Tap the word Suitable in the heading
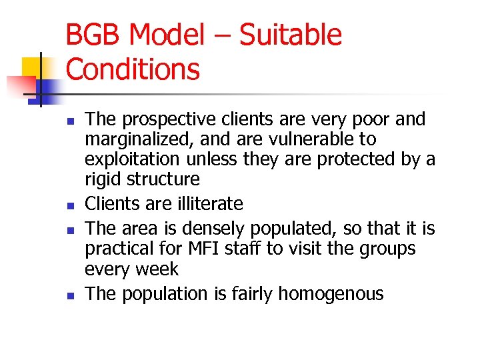pos(290,35)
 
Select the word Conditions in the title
pos(133,69)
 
